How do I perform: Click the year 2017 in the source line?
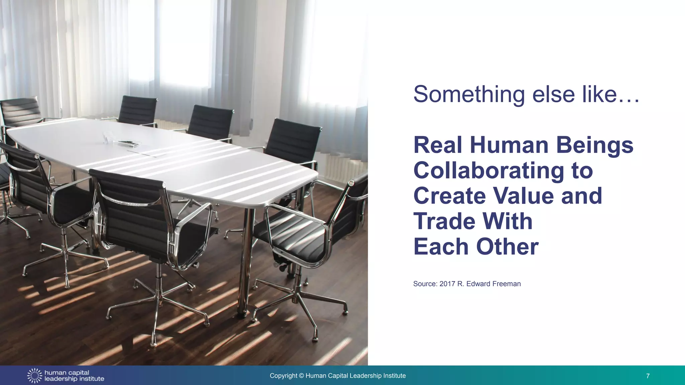447,284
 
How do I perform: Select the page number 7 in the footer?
648,376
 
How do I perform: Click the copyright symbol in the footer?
301,376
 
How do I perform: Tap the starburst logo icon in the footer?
34,376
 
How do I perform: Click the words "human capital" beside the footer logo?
67,373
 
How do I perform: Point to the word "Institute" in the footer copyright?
395,376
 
